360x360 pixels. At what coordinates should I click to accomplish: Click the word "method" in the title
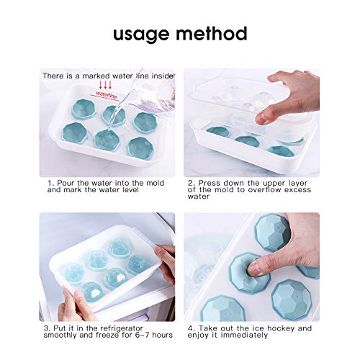pos(213,33)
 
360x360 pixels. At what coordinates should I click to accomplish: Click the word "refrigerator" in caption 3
pos(121,328)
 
